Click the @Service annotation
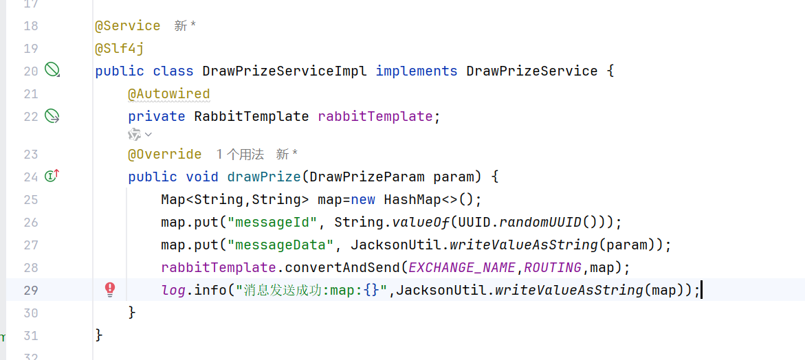(127, 26)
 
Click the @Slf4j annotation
(119, 49)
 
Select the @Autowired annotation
(168, 94)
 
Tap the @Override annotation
(164, 155)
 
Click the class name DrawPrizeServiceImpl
(285, 71)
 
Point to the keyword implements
(416, 71)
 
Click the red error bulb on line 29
(110, 290)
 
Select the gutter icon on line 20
(52, 69)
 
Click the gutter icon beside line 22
(52, 116)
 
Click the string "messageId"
(273, 223)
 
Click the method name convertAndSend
(342, 267)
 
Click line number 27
(30, 245)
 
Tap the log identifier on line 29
(173, 290)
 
